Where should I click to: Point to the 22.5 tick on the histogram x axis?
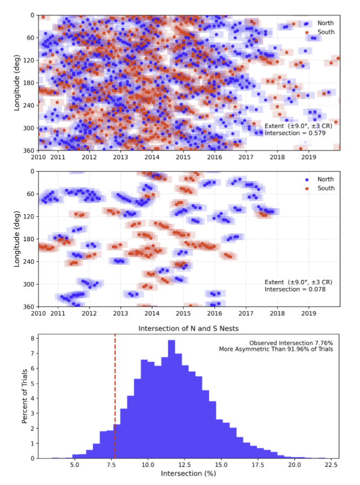(x=331, y=464)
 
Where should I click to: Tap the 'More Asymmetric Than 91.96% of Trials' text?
(x=276, y=350)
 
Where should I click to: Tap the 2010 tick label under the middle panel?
(x=38, y=313)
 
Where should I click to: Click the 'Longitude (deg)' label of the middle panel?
(x=17, y=239)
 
